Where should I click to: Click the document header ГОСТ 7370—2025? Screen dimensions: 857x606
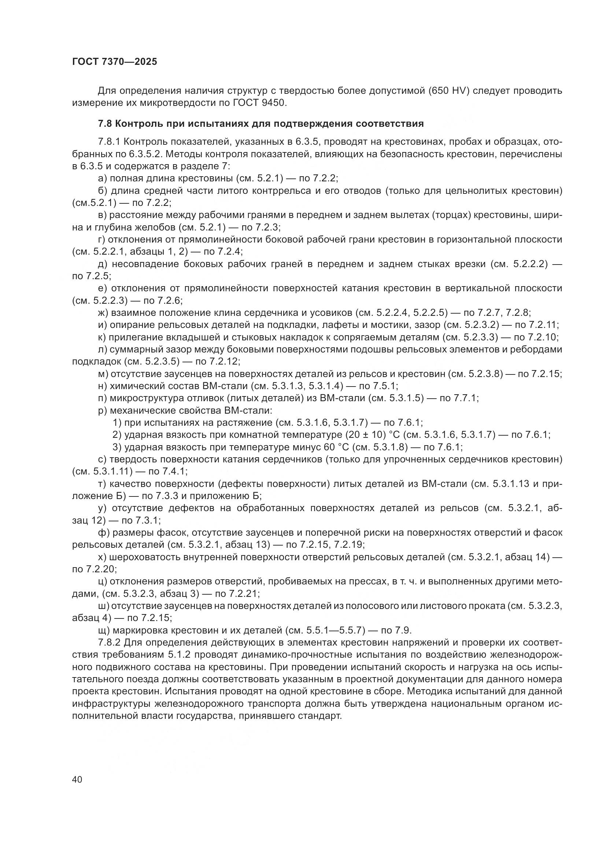click(x=115, y=62)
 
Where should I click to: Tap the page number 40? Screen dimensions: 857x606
click(x=77, y=779)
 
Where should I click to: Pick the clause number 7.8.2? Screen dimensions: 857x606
click(x=109, y=643)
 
